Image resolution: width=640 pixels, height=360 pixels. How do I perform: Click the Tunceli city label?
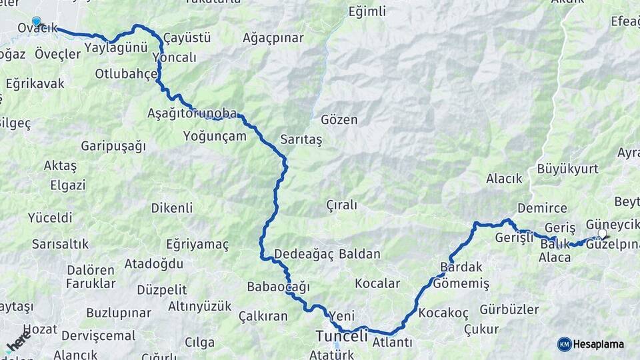(341, 337)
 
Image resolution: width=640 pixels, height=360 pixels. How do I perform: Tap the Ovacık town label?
(37, 28)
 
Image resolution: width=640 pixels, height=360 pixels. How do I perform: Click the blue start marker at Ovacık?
(36, 21)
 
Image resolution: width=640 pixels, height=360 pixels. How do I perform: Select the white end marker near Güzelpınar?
(603, 234)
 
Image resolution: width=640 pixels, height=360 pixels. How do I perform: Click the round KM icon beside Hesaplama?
(564, 344)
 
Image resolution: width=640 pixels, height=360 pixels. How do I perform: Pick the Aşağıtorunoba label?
(192, 113)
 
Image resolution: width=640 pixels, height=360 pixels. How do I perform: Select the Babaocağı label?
(278, 287)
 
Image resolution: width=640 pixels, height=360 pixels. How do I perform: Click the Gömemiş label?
(461, 284)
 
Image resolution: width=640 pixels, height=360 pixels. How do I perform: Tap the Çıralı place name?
(341, 205)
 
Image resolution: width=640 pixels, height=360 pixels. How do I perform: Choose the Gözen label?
(339, 121)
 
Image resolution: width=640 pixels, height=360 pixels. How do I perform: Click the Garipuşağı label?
(113, 146)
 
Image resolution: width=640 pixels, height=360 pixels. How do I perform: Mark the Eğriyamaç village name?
(197, 245)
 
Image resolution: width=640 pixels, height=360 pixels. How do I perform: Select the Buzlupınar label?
(119, 313)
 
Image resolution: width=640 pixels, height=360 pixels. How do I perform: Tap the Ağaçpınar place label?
(273, 37)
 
